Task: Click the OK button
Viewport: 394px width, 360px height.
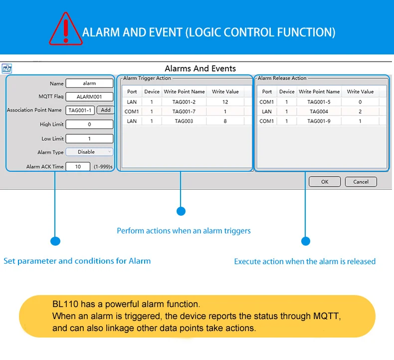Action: tap(324, 182)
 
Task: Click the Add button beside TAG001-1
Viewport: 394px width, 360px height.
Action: tap(105, 110)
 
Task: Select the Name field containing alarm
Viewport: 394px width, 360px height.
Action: tap(89, 83)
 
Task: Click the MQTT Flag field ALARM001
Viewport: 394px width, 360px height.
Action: tap(89, 97)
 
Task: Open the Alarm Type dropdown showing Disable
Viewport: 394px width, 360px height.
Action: tap(89, 152)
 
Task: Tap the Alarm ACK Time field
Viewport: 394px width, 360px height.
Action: tap(78, 166)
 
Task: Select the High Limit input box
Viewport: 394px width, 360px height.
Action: tap(89, 124)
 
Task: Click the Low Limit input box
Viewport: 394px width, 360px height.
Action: tap(89, 138)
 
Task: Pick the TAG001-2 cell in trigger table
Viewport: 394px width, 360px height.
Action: tap(184, 102)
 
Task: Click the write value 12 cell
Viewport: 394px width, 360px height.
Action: tap(225, 102)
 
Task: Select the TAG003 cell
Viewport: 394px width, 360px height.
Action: tap(184, 121)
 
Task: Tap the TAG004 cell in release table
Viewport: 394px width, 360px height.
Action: tap(319, 111)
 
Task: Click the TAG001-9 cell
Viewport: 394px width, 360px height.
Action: tap(319, 121)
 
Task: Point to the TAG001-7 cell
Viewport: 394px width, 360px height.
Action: tap(184, 111)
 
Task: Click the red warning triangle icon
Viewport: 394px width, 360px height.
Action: tap(66, 28)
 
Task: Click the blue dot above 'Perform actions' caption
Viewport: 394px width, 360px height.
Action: tap(181, 211)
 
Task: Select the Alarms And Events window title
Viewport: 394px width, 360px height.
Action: tap(200, 68)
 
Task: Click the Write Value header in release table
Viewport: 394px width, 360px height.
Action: tap(360, 92)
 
